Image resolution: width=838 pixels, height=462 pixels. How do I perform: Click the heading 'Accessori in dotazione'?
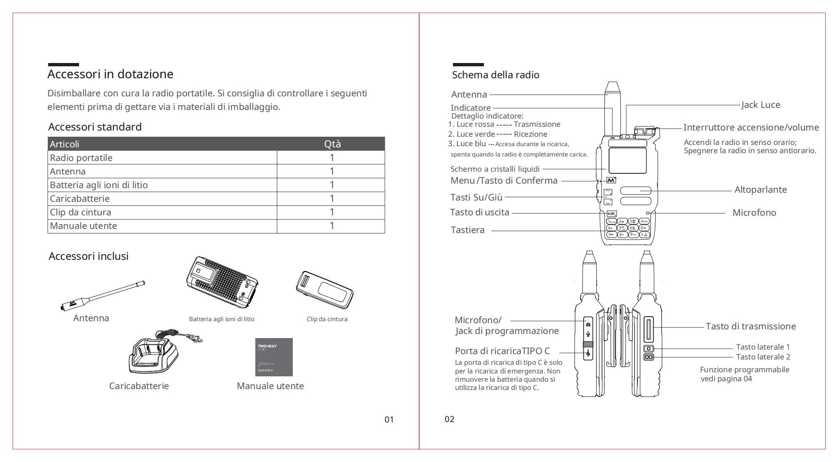(110, 74)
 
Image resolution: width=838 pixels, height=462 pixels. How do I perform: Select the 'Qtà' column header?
(332, 144)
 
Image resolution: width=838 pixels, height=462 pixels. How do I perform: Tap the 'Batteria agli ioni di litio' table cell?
(99, 185)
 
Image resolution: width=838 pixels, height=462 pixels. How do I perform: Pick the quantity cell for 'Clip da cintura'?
(331, 212)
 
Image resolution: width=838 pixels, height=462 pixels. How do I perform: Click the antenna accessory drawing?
(102, 295)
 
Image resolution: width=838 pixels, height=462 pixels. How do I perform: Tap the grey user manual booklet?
(274, 357)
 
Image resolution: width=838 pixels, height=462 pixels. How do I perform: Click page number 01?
(389, 420)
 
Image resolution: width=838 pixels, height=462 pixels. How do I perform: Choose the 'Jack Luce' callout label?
(761, 105)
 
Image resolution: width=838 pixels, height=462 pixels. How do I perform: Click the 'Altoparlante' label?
(760, 190)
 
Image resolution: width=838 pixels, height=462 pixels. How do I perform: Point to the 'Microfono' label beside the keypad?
(754, 213)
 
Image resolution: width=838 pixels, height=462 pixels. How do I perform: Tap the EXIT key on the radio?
(612, 214)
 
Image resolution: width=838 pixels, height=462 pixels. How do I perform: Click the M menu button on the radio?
(612, 180)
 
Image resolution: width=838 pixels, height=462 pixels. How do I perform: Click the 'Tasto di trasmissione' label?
(750, 327)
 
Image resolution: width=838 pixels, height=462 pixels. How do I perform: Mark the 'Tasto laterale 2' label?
(763, 357)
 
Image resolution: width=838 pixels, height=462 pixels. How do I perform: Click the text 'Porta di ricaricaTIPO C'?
(502, 351)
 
